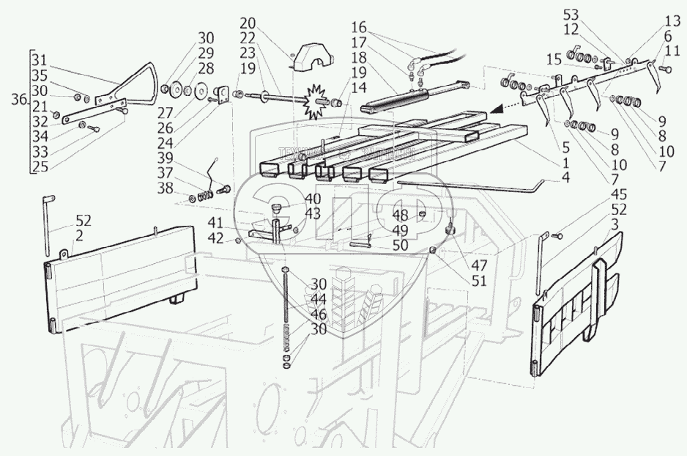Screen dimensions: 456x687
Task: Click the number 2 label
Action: pos(78,235)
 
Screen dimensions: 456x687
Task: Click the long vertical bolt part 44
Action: pos(284,308)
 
